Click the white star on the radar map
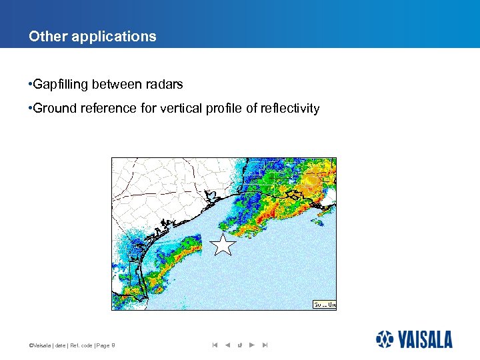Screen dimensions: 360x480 pos(223,245)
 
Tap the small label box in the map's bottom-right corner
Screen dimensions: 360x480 pos(325,304)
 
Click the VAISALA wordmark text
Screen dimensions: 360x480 pos(426,340)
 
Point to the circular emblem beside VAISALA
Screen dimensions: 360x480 pos(385,339)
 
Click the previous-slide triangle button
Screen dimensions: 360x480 pos(227,345)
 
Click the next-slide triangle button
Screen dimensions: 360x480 pos(251,345)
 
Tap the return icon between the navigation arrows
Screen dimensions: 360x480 pos(239,345)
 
